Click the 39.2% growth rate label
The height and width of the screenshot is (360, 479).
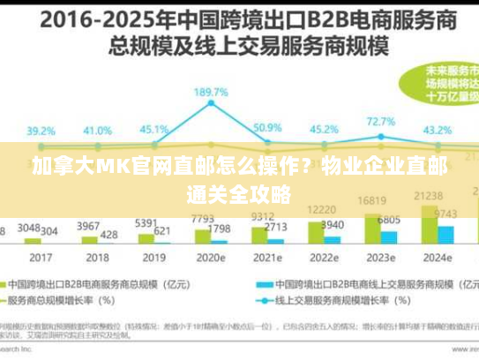click(41, 131)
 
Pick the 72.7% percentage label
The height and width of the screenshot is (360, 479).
click(380, 121)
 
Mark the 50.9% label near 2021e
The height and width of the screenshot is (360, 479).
click(267, 128)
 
